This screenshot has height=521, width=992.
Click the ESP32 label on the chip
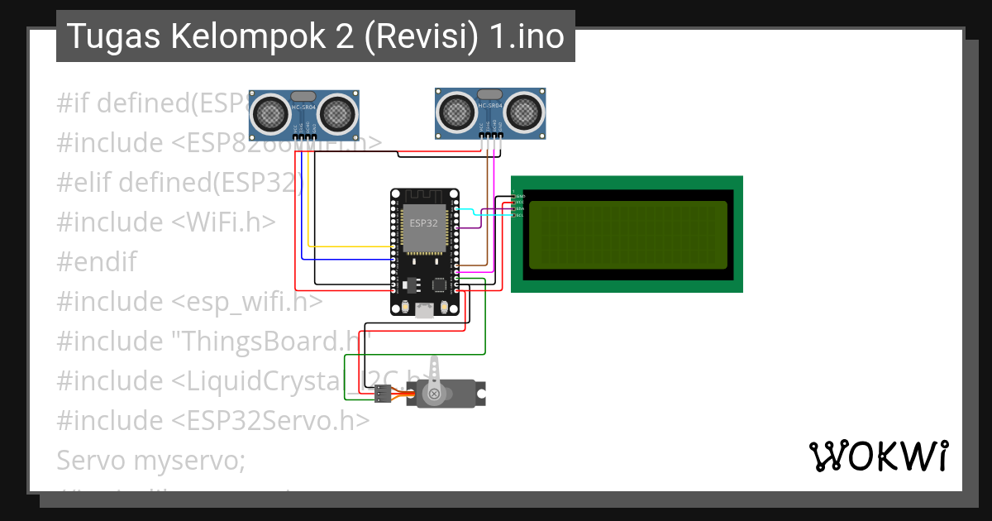pyautogui.click(x=424, y=223)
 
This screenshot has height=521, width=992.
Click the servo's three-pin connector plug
pyautogui.click(x=382, y=394)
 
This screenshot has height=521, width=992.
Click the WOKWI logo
pyautogui.click(x=879, y=456)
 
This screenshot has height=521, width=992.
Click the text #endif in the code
pyautogui.click(x=97, y=262)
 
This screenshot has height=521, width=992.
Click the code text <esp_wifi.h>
pyautogui.click(x=248, y=302)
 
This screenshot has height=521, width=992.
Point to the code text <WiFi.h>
pyautogui.click(x=224, y=222)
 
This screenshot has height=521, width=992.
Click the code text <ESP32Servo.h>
pyautogui.click(x=271, y=420)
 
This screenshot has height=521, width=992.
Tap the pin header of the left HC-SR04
pyautogui.click(x=304, y=135)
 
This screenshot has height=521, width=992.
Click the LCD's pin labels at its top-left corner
pyautogui.click(x=519, y=203)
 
